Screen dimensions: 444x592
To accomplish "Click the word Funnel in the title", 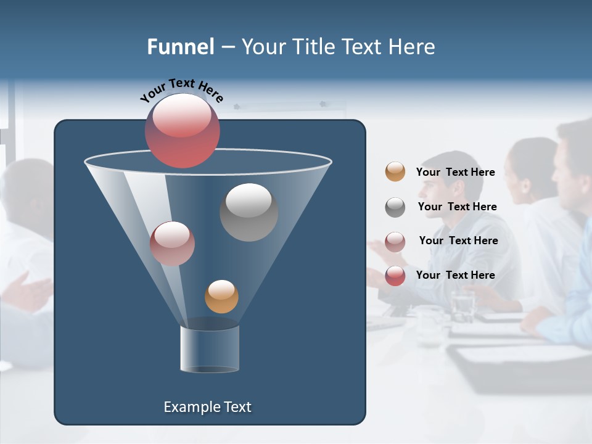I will point(180,47).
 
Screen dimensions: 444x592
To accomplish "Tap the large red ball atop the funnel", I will point(183,131).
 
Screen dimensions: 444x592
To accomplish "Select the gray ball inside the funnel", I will point(249,212).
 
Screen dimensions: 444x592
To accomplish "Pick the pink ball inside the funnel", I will point(172,244).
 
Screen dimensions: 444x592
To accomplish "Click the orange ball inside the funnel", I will point(221,296).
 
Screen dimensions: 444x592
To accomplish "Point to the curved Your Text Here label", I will point(181,89).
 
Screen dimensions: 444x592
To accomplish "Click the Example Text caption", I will point(207,407).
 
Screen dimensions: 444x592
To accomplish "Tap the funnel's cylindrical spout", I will point(210,348).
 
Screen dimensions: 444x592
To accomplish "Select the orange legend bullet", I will point(395,171).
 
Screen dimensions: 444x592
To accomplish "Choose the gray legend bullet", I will point(395,207).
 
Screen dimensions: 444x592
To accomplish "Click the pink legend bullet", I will point(395,241).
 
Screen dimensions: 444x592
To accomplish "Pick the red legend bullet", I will point(395,276).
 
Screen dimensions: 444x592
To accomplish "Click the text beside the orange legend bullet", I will point(455,172).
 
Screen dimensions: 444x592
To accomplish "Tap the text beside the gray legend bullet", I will point(457,207).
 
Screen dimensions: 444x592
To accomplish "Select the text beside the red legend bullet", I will point(455,275).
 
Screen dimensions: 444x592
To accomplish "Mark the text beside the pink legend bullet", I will point(458,240).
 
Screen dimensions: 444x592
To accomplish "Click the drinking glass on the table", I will point(462,305).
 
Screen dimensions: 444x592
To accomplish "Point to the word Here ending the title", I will point(413,47).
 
